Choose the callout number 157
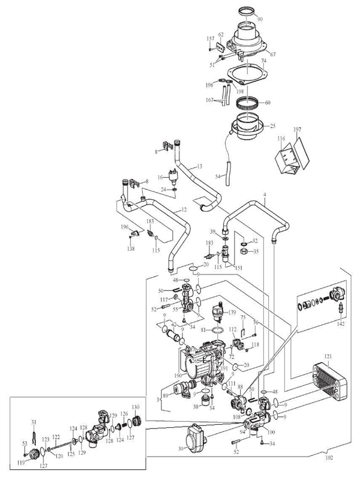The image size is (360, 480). pyautogui.click(x=211, y=39)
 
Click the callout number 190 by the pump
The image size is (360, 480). pyautogui.click(x=178, y=375)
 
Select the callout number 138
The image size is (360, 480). pyautogui.click(x=130, y=247)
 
